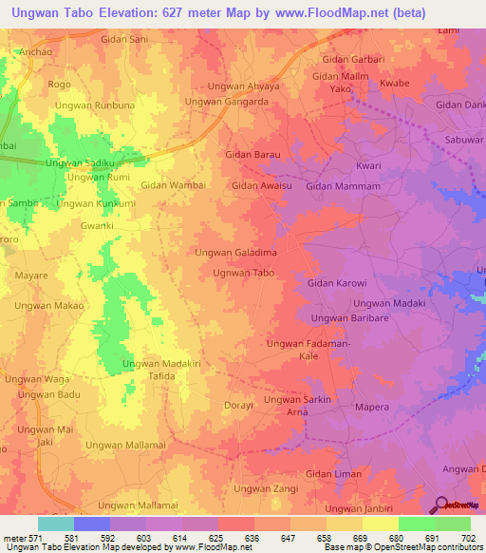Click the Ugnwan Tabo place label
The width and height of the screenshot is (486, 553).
tap(244, 273)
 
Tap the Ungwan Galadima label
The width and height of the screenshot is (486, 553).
tap(235, 253)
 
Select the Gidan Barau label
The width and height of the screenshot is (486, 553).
tap(252, 154)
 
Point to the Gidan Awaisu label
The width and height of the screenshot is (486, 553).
tap(261, 186)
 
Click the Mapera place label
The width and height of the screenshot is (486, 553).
tap(371, 407)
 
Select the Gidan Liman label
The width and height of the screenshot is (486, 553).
tap(331, 473)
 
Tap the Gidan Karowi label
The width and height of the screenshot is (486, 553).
tap(337, 283)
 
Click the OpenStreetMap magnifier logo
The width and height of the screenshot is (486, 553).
tap(440, 505)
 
